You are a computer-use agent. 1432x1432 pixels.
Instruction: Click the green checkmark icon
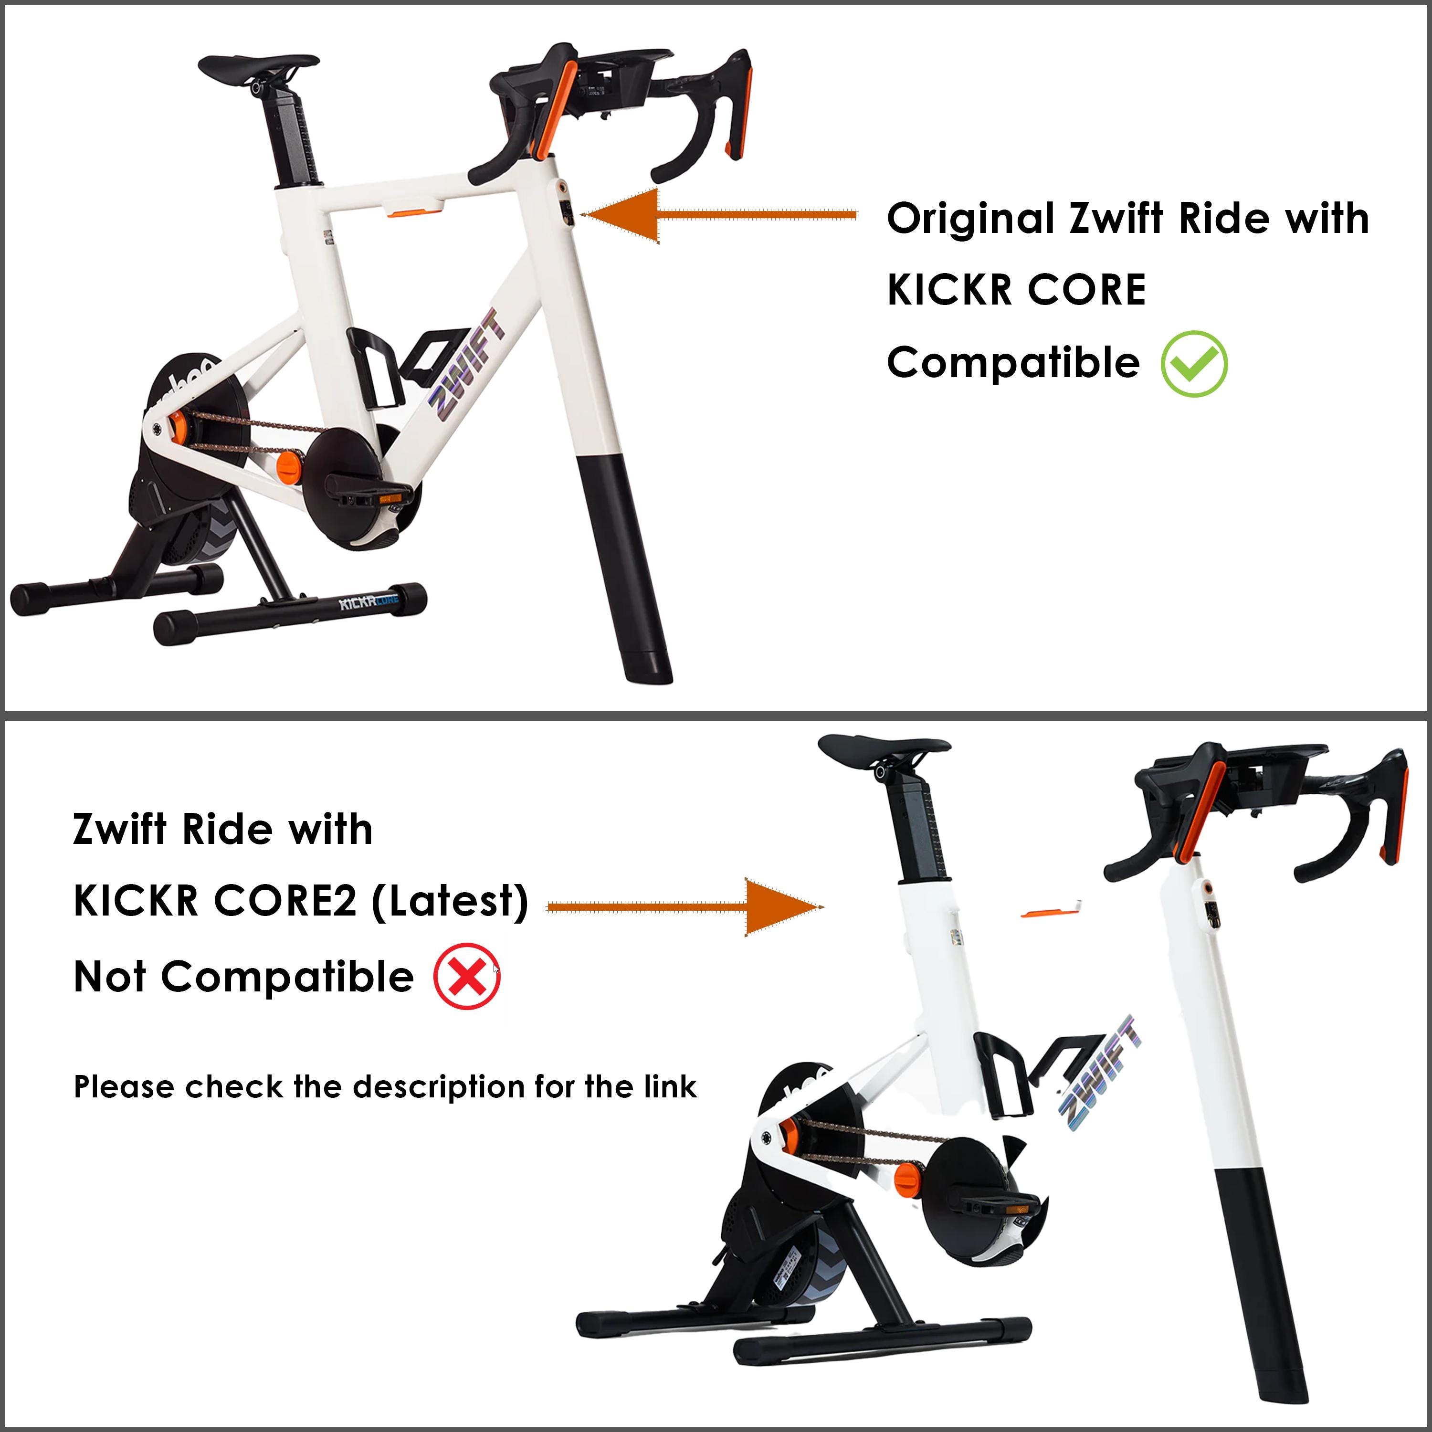click(1194, 364)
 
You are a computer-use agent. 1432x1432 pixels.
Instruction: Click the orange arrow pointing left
click(719, 215)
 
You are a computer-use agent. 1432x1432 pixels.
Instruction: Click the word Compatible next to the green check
click(1013, 363)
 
